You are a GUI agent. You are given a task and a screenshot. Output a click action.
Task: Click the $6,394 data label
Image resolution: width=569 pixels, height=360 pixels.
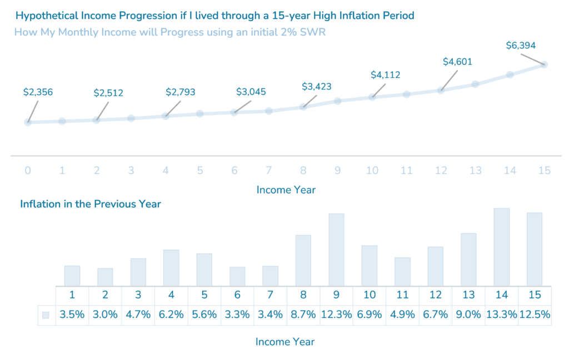point(521,46)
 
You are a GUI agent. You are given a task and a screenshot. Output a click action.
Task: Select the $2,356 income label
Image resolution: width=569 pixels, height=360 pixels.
point(38,92)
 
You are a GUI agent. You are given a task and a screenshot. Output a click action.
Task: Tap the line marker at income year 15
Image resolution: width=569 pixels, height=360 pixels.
point(544,64)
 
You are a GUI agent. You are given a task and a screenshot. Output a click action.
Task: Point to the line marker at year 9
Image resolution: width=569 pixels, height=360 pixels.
point(337,101)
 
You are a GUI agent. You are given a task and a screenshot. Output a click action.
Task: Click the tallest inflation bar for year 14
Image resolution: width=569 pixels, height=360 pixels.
point(501,247)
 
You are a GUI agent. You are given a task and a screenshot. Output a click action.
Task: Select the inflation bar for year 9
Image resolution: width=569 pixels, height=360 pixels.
point(336,250)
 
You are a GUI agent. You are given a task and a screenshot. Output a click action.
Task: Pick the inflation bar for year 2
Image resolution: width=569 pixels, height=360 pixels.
point(105,277)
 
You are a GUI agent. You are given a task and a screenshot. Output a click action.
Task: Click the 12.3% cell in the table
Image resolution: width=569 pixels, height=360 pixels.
point(336,315)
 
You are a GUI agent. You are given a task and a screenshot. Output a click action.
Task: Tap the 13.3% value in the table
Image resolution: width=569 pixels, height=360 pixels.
point(501,315)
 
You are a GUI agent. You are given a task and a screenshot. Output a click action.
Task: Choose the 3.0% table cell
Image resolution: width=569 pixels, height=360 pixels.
point(105,315)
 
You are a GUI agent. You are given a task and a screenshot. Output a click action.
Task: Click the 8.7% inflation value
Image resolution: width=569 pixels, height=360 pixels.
point(303,315)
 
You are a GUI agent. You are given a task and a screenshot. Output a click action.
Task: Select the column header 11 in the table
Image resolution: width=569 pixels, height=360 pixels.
point(402,294)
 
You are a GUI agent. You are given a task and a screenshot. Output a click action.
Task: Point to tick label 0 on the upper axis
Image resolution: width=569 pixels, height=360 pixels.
point(28,170)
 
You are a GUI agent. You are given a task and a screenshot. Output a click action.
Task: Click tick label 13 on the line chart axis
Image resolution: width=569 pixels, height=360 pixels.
point(475,170)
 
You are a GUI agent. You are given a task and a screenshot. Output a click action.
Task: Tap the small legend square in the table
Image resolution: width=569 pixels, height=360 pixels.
point(46,315)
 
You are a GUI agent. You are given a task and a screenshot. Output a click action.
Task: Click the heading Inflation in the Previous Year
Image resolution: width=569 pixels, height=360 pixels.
point(91,204)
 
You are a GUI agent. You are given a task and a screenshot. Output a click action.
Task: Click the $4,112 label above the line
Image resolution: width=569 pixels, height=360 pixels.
point(386,75)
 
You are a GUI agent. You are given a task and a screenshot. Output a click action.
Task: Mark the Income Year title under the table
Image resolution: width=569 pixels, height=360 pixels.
point(285,342)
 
